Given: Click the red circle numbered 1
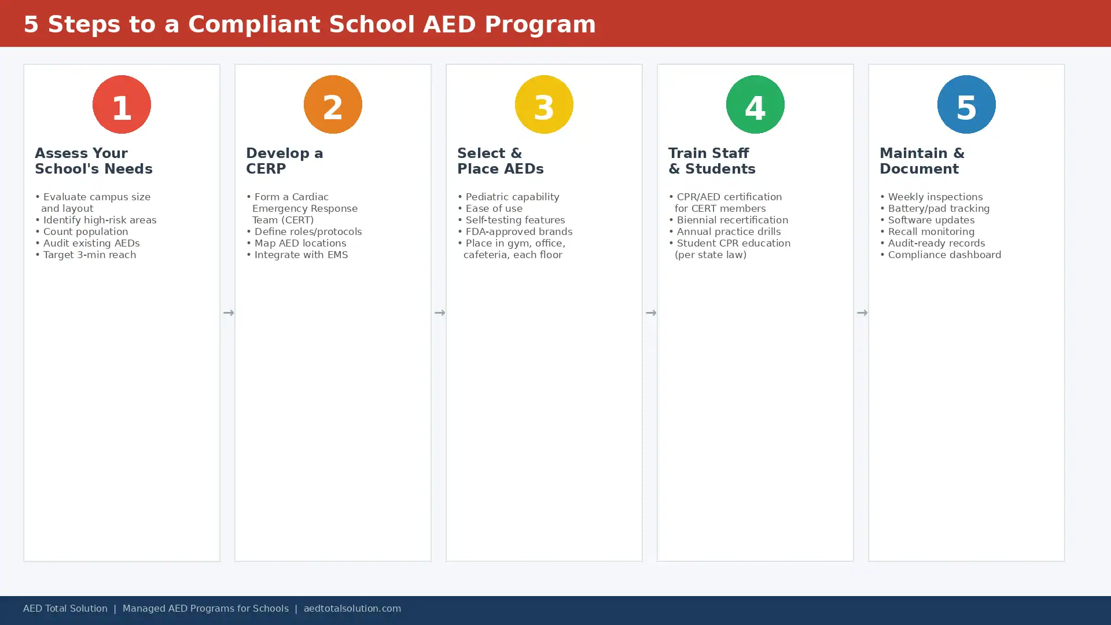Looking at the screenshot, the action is (x=122, y=104).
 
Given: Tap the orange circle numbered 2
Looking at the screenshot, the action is (x=333, y=104).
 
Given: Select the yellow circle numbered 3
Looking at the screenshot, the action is (x=544, y=104).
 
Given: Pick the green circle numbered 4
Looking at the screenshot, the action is (x=755, y=104).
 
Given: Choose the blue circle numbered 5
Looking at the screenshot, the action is (x=966, y=104).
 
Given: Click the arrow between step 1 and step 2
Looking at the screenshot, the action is (x=229, y=313).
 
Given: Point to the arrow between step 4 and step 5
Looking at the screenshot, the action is (x=862, y=313).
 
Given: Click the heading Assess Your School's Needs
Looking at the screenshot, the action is (x=94, y=161).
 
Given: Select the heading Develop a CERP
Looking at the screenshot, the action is (x=285, y=161).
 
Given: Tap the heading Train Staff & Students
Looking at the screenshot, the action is (x=712, y=161).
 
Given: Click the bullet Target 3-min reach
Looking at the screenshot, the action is (x=86, y=255).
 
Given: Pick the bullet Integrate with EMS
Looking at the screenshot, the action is (x=297, y=255).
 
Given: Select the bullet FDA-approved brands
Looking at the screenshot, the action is (x=515, y=231).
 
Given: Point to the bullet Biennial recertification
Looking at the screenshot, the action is (x=728, y=220).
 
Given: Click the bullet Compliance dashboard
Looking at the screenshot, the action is (x=940, y=255).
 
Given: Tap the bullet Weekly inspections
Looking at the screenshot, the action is (x=931, y=197).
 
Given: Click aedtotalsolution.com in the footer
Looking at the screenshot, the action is (x=352, y=609).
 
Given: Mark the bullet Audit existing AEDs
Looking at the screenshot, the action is (x=87, y=243).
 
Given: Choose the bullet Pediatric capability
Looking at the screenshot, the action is (x=508, y=197).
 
